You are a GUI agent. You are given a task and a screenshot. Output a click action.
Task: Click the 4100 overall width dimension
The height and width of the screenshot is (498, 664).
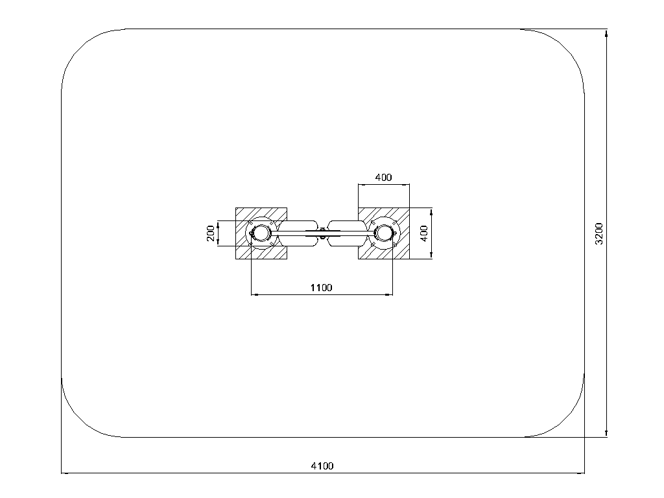322,466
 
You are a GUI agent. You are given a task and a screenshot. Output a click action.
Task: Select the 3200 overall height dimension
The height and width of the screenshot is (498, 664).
599,233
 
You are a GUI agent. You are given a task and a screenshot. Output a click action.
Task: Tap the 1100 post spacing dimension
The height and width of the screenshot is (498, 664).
322,287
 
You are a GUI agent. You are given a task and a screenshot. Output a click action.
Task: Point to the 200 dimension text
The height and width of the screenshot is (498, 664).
211,233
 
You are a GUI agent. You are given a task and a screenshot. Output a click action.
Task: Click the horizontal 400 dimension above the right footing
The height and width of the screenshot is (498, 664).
384,178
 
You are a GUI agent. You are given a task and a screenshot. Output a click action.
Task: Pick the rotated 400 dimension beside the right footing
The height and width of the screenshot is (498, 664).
424,233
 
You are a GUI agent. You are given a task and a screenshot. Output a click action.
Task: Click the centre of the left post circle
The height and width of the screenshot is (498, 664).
261,233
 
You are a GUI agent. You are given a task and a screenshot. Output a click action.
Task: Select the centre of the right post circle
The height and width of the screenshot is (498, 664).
384,233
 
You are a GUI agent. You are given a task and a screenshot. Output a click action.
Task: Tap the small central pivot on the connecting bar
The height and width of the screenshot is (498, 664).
323,233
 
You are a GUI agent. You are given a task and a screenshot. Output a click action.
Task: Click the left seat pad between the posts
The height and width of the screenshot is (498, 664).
298,233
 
